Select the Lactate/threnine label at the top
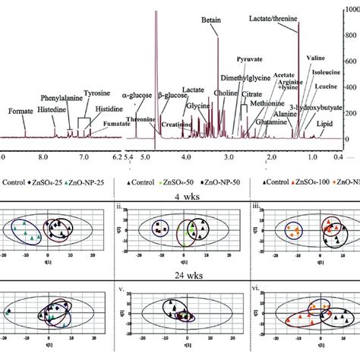point(280,16)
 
